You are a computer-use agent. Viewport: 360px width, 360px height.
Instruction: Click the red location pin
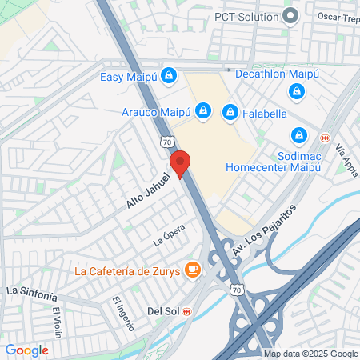tap(181, 162)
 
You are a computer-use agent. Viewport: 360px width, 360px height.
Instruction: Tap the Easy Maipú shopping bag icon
tap(168, 76)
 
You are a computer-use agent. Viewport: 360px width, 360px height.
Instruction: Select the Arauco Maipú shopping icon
tap(203, 110)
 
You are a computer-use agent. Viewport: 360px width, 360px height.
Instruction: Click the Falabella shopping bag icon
tap(230, 111)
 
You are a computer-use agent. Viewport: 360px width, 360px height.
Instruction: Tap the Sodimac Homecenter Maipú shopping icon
tap(299, 135)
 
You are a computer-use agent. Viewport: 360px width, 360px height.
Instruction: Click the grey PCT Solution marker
tap(292, 15)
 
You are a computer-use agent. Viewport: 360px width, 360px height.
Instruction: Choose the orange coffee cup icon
tap(192, 270)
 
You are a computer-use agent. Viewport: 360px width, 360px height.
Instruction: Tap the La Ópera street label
tap(169, 238)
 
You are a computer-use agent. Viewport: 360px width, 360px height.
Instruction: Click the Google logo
tap(26, 350)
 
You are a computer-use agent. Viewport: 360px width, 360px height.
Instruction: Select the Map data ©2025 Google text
tap(311, 354)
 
